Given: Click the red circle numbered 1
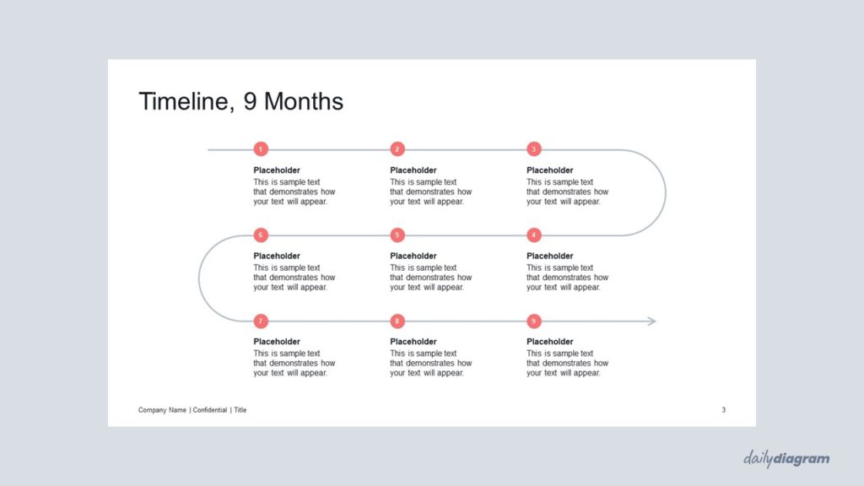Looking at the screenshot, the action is [261, 148].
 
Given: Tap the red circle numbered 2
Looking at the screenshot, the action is [397, 148].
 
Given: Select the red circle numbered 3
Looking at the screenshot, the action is [534, 148].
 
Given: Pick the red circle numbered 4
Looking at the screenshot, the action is [534, 235].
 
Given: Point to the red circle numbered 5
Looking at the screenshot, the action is [397, 235].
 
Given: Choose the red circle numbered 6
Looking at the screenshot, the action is [261, 235].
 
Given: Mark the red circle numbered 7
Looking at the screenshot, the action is [261, 321].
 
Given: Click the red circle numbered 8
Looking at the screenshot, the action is [397, 321].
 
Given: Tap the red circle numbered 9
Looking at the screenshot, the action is [534, 321].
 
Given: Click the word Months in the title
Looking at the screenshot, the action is [304, 101].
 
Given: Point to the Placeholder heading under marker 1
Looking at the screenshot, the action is [277, 170].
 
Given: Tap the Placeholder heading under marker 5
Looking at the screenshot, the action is [413, 256].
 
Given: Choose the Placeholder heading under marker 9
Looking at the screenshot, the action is [550, 342].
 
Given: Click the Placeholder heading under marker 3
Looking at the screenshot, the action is [550, 170].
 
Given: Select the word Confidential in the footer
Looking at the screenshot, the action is [210, 410].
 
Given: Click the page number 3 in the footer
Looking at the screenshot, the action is [723, 410].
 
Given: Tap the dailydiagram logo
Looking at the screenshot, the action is [786, 459].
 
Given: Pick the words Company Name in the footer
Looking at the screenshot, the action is [162, 410].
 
